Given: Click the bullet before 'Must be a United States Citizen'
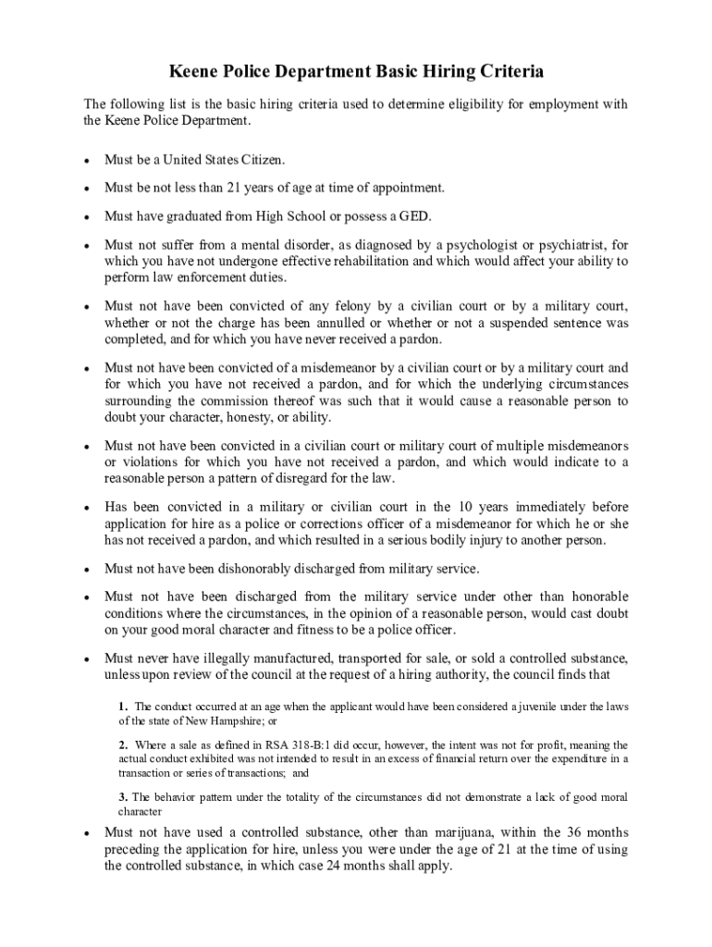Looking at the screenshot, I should [86, 160].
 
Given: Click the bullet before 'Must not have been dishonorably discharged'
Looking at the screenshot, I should [86, 569].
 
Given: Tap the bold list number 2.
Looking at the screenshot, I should [122, 744].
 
